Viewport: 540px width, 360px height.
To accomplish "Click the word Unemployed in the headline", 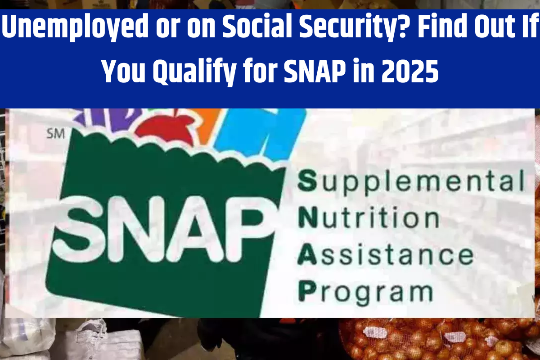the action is click(75, 27).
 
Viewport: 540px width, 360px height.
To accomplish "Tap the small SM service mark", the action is click(56, 134).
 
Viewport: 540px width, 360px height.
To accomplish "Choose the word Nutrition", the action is click(369, 218).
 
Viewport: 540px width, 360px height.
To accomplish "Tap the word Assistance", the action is click(386, 255).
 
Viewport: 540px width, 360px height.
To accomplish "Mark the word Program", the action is click(366, 293).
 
